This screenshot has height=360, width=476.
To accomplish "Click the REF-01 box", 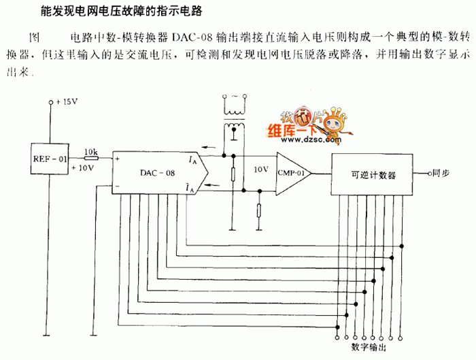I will pos(51,161).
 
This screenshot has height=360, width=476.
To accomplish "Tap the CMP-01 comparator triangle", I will pos(293,173).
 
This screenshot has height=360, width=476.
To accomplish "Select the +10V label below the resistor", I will pos(82,167).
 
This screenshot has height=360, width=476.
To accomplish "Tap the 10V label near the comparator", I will pos(260,168).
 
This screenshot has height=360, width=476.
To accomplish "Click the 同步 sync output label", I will pos(441,174).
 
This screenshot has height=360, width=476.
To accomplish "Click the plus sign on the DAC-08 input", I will pos(118,159).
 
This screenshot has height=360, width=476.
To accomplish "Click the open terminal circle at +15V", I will pos(50,103).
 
